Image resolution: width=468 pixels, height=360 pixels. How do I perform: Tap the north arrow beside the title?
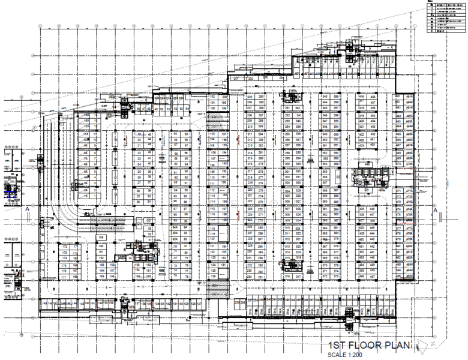424,345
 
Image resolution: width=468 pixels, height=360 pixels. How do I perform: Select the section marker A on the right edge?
435,209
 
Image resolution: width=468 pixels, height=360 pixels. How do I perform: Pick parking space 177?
65,278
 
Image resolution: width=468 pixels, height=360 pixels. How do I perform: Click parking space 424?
362,146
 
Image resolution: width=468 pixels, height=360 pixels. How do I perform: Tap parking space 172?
65,247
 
